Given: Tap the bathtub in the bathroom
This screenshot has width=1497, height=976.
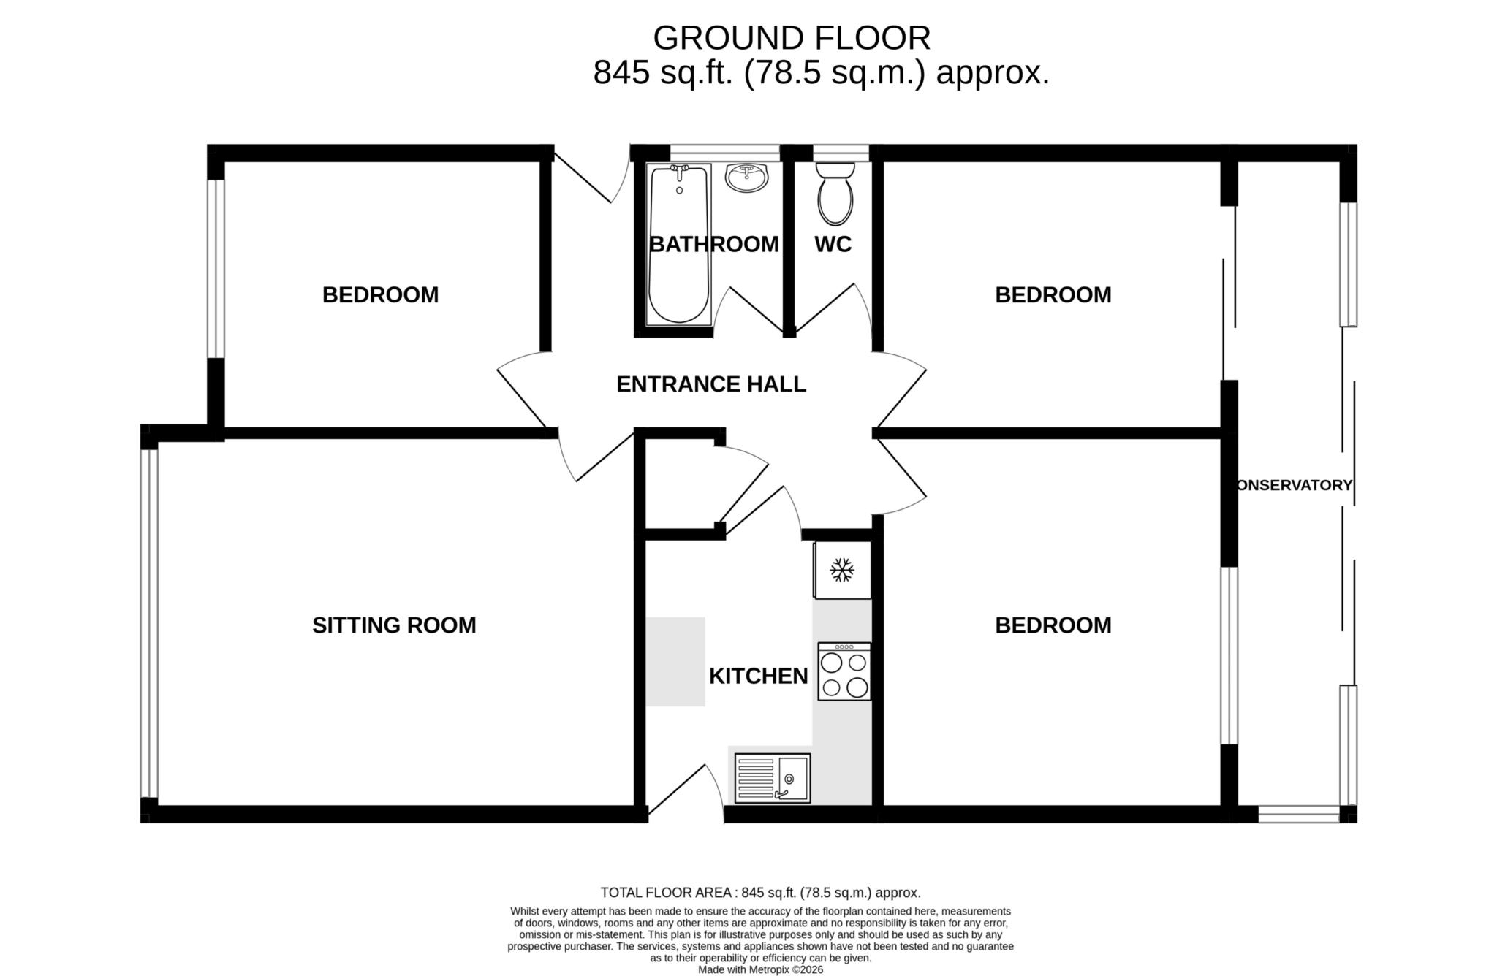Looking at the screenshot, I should [x=679, y=245].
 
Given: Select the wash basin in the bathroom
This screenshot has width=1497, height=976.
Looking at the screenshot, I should [x=746, y=177].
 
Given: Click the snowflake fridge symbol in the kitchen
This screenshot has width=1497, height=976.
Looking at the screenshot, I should [x=842, y=570].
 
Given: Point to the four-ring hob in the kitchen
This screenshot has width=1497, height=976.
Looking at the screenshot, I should [x=844, y=672].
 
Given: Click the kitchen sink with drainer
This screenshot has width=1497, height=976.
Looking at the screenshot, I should [x=773, y=778].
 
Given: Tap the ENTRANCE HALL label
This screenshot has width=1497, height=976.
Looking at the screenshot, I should [x=710, y=384].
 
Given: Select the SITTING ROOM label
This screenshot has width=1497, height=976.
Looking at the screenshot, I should [x=394, y=625].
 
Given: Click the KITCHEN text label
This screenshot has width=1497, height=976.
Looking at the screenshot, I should [x=758, y=676].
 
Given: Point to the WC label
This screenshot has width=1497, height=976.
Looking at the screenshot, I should [x=833, y=244].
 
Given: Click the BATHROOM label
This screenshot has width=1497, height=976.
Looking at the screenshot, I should [x=713, y=244].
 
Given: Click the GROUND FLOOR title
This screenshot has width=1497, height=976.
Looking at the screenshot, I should [x=792, y=38].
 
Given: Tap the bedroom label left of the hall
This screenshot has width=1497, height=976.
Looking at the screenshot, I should [x=380, y=295].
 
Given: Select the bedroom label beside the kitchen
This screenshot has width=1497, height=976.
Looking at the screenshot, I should [x=1053, y=625].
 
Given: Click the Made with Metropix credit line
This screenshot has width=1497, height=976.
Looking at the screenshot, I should [x=760, y=969].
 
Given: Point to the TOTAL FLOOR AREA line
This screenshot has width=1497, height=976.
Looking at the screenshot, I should [x=760, y=893].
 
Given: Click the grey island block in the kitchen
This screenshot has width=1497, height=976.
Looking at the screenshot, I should [x=675, y=662].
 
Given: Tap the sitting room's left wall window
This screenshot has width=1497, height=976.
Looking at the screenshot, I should [x=149, y=622].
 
